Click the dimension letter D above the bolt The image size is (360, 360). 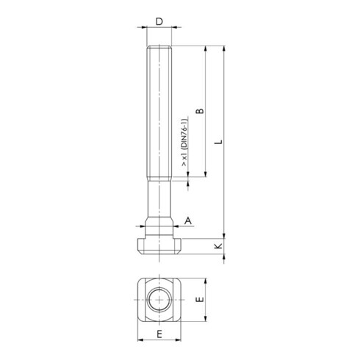click(159, 22)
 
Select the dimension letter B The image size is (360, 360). click(198, 112)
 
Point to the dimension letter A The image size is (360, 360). click(188, 220)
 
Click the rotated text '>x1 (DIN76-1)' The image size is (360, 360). click(183, 145)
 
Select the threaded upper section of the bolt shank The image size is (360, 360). click(159, 110)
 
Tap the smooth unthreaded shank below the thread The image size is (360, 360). click(159, 198)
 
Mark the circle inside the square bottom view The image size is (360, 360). click(159, 300)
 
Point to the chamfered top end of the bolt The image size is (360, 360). click(159, 48)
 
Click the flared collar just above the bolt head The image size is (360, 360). click(159, 224)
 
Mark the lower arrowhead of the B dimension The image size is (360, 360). click(205, 174)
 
